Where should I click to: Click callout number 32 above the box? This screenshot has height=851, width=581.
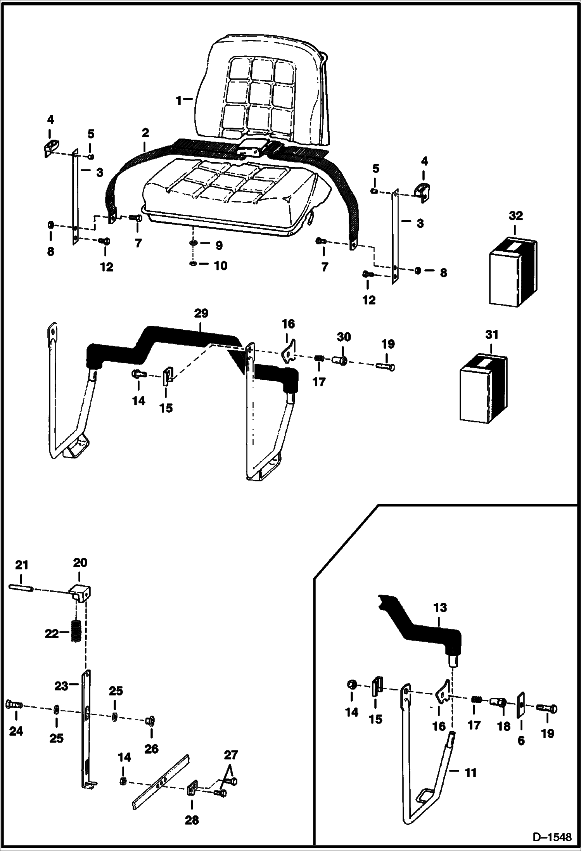point(516,216)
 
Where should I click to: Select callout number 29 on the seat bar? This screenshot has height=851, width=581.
point(201,313)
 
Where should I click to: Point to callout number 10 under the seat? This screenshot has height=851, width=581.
point(221,266)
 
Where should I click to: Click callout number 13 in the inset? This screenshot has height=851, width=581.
point(440,608)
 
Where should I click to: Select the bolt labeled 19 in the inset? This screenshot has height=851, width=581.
point(547,709)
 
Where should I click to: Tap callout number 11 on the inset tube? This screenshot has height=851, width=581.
point(470,773)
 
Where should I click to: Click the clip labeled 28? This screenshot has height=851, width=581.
point(192,789)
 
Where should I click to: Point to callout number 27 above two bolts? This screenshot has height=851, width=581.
point(230,755)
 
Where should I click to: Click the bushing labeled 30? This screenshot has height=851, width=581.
point(340,360)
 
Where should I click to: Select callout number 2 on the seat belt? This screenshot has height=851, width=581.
point(145,133)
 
